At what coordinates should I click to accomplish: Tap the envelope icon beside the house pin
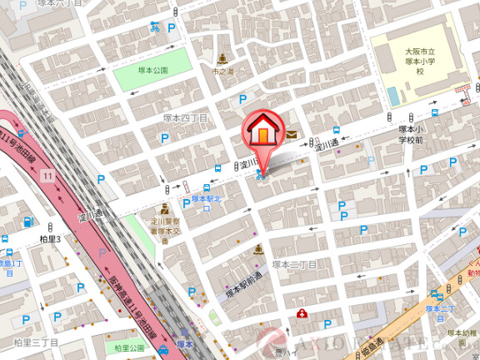(x=292, y=132)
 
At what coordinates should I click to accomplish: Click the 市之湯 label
(x=222, y=72)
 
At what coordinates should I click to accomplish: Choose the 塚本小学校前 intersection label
(x=411, y=135)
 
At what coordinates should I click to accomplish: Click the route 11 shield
(x=48, y=175)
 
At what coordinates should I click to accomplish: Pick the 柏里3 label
(x=51, y=239)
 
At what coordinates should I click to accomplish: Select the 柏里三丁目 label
(x=36, y=342)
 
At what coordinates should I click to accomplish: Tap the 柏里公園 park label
(x=131, y=347)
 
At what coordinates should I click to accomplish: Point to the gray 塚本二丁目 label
(x=293, y=264)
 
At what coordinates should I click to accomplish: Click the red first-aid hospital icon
(x=302, y=314)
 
